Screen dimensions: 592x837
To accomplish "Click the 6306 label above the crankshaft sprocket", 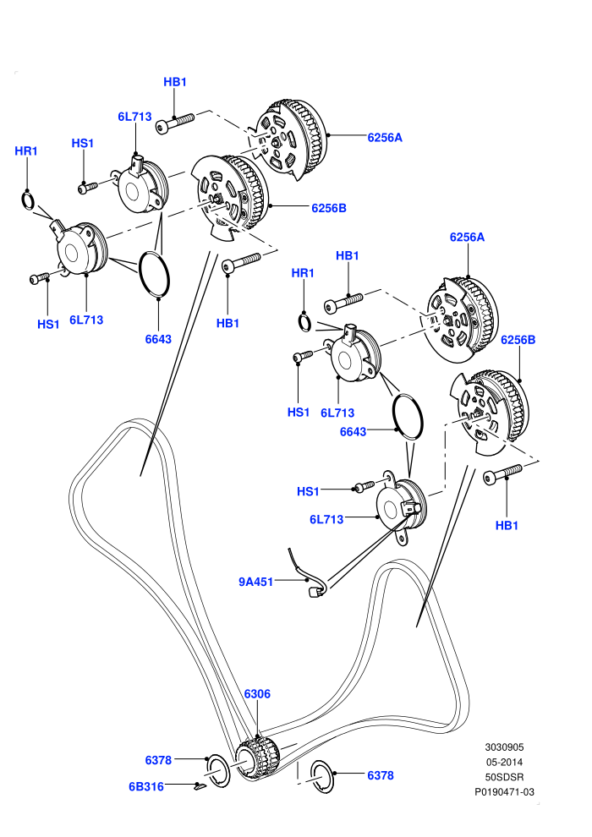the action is point(257,693).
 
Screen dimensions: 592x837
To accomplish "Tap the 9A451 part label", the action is point(255,582).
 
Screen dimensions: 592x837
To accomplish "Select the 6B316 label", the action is point(146,786).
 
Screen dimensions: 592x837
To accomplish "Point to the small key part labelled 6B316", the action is point(200,786).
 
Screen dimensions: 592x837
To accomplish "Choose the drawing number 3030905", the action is point(504,747).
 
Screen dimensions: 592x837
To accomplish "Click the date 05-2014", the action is point(504,763).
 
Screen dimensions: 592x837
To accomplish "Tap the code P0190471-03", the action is point(504,792).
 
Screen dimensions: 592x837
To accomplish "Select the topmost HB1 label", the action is point(175,82).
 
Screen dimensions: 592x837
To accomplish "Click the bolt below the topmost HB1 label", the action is point(175,123).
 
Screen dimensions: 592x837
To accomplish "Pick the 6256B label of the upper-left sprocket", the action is point(329,208).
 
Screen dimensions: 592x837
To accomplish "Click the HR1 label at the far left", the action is point(26,151).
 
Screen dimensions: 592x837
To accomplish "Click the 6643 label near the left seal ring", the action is point(158,339).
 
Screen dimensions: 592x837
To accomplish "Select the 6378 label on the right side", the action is point(381,775).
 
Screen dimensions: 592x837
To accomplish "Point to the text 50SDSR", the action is point(504,777).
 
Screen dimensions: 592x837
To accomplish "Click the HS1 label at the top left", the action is point(83,143).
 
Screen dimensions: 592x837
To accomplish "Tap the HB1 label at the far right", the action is point(507,525).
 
